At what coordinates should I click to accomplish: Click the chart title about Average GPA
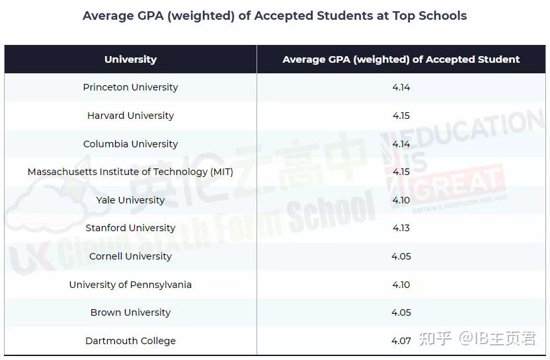click(274, 16)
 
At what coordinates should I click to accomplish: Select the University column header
click(130, 59)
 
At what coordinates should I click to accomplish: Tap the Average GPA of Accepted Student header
click(401, 59)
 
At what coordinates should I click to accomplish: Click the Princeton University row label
click(130, 87)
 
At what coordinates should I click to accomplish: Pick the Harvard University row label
click(130, 116)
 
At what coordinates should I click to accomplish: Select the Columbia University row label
click(130, 144)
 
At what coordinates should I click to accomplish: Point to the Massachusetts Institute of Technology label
click(130, 172)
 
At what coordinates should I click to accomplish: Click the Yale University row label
click(130, 200)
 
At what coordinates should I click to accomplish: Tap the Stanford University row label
click(130, 228)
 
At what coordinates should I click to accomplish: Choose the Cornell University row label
click(130, 256)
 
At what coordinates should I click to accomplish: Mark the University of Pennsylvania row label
click(130, 285)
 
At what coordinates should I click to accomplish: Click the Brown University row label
click(130, 312)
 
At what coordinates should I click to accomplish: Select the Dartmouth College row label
click(130, 341)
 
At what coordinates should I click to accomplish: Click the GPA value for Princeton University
click(401, 87)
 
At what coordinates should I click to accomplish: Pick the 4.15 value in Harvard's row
click(401, 116)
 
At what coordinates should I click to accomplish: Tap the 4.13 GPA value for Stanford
click(401, 228)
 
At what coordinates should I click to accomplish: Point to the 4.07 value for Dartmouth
click(401, 341)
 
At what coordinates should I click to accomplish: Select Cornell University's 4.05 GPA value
click(401, 256)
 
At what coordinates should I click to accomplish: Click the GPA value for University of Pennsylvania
click(401, 285)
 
